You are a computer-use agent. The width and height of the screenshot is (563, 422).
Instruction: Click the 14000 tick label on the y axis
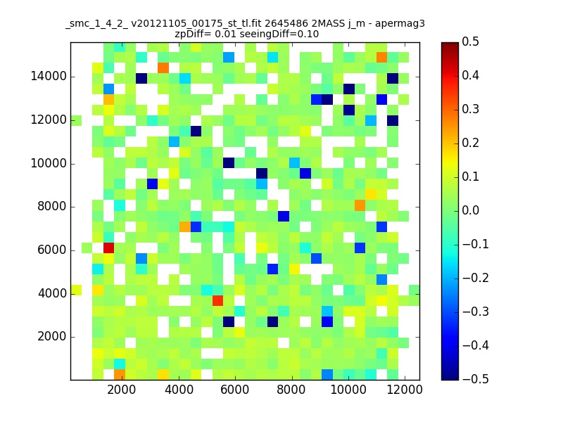49,77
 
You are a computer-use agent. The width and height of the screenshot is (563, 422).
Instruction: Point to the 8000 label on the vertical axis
51,207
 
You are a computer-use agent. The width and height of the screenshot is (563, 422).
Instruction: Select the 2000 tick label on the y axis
51,337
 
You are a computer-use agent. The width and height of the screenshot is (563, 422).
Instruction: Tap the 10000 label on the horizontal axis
348,390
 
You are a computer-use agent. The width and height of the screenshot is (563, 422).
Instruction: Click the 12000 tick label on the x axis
405,390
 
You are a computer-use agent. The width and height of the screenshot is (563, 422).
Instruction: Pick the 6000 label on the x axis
235,390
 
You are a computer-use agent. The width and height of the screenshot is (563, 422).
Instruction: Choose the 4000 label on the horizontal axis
179,390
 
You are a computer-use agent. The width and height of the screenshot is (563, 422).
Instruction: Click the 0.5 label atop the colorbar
470,41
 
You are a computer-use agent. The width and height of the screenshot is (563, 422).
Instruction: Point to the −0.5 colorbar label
476,379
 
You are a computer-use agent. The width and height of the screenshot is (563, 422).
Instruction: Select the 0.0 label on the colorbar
470,210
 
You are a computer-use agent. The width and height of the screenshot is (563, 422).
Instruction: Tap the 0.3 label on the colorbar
470,109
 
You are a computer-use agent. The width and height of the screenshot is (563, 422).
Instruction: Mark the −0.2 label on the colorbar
476,278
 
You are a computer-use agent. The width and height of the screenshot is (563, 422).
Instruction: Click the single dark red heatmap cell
109,248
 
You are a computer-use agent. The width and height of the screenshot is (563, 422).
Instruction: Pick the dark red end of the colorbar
450,46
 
